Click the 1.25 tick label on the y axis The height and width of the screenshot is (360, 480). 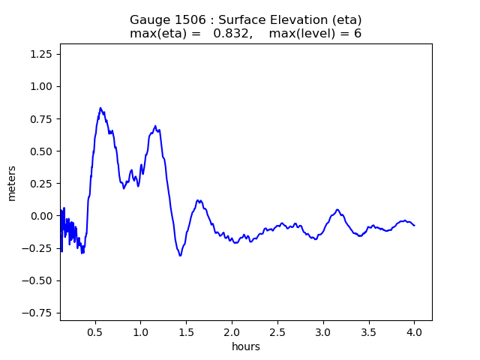[42, 54]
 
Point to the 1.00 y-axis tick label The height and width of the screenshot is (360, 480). [42, 86]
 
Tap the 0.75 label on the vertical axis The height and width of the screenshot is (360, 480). [42, 118]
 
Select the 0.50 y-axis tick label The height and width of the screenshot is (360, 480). [42, 151]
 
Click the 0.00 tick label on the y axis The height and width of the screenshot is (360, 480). [42, 216]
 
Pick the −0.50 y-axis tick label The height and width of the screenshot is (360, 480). [39, 280]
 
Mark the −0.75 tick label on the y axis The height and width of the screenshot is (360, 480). [39, 313]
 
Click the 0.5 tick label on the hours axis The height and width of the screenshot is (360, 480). [94, 331]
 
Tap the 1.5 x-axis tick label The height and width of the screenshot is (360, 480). [186, 331]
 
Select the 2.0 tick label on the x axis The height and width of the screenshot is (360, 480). [232, 331]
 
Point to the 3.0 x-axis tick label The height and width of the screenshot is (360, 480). [322, 331]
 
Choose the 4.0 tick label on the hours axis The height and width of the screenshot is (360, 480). [414, 331]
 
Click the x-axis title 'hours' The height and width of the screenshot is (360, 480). [245, 346]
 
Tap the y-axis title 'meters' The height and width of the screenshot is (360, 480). [12, 182]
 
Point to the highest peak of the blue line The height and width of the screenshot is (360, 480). [100, 108]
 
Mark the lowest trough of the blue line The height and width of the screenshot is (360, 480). [180, 256]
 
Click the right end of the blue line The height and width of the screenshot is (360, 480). [414, 225]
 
